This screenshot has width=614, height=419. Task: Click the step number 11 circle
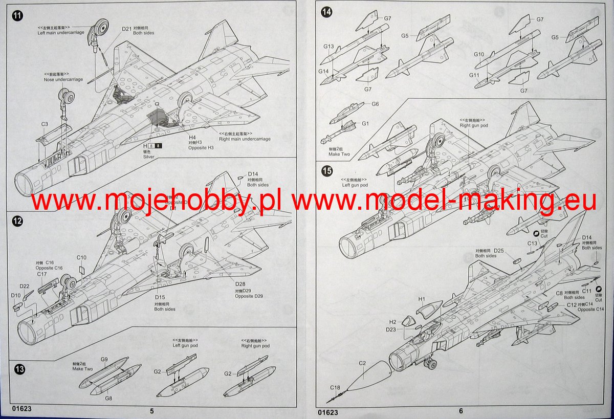click(17, 15)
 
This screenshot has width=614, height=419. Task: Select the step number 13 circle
click(18, 369)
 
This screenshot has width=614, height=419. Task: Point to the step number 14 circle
click(326, 13)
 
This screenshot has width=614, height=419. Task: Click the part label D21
click(127, 29)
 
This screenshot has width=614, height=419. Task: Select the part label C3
click(45, 124)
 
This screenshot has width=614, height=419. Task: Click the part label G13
click(328, 47)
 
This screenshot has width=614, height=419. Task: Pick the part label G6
click(375, 104)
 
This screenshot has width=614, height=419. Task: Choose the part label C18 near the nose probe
click(335, 387)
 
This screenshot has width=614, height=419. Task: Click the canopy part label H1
click(422, 299)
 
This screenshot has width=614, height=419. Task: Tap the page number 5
click(151, 410)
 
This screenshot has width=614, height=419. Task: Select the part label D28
click(240, 284)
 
